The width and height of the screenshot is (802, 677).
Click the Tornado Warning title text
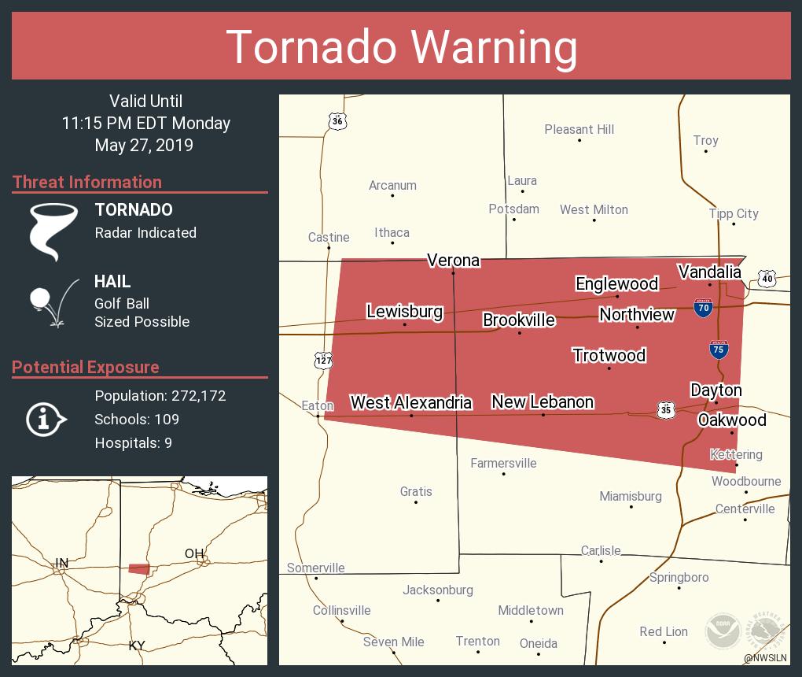pos(401,46)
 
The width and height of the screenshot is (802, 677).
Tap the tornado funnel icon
pos(53,231)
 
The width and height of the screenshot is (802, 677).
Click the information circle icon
pos(47,420)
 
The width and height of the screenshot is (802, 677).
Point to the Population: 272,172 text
pos(160,395)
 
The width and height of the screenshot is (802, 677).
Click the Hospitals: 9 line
pos(133,442)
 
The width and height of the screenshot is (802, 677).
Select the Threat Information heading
pos(87,182)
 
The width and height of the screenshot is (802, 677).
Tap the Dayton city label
pos(716,390)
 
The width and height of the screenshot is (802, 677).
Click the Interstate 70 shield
pos(704,308)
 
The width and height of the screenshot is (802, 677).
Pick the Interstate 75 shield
pos(719,350)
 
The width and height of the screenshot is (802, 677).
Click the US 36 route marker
pos(337,120)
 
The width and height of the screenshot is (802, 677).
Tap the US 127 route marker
pos(323,360)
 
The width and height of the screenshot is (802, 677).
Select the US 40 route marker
pos(767,278)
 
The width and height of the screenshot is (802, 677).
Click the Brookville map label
pos(519,320)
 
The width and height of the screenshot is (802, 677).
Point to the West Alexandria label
pos(410,402)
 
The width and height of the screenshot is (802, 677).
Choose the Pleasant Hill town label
pos(579,129)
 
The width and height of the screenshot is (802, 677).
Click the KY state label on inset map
pos(137,646)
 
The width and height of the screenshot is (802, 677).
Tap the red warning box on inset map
pos(139,568)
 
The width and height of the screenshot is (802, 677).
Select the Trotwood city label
pos(609,355)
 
